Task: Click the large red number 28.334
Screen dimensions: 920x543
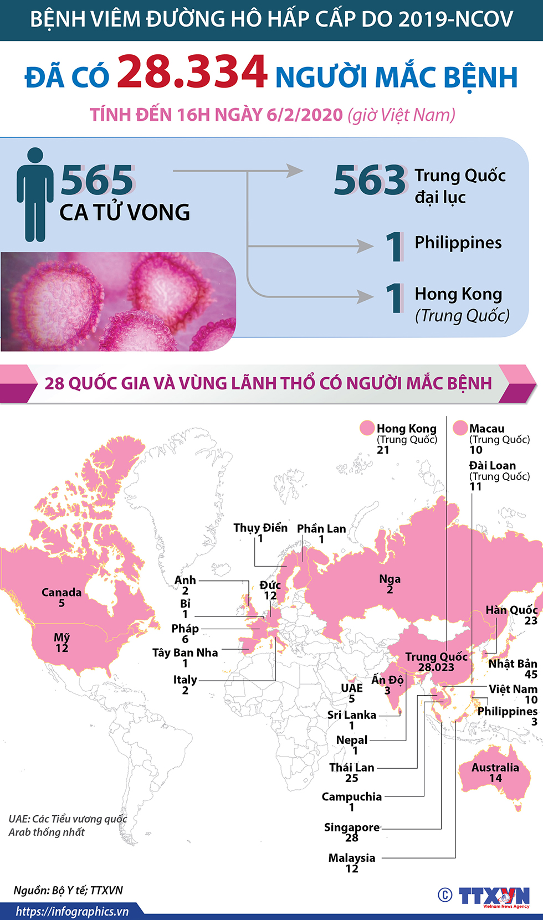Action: coord(192,72)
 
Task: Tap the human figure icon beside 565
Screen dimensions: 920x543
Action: coord(35,194)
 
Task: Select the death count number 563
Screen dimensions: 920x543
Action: coord(370,181)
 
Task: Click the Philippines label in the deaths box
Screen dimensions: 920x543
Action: coord(458,243)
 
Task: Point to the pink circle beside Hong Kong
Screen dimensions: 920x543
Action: coord(367,428)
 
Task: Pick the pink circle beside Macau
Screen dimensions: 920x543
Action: coord(460,428)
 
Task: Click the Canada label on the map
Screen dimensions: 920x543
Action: coord(62,593)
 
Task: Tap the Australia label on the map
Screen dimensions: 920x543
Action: coord(495,768)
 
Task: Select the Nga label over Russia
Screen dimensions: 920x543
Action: coord(390,579)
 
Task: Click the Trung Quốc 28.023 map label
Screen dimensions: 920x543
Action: coord(436,662)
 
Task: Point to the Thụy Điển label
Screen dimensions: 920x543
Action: coord(260,528)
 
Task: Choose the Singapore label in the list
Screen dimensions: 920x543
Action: coord(352,828)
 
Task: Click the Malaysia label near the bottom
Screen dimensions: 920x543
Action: coord(352,858)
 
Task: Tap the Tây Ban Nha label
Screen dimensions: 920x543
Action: coord(185,653)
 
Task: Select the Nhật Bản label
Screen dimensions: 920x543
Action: coord(513,664)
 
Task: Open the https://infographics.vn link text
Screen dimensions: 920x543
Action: coord(72,912)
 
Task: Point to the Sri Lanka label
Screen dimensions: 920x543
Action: coord(351,715)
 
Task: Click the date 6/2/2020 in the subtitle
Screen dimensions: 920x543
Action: coord(305,115)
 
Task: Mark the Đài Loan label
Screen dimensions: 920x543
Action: coord(493,466)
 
